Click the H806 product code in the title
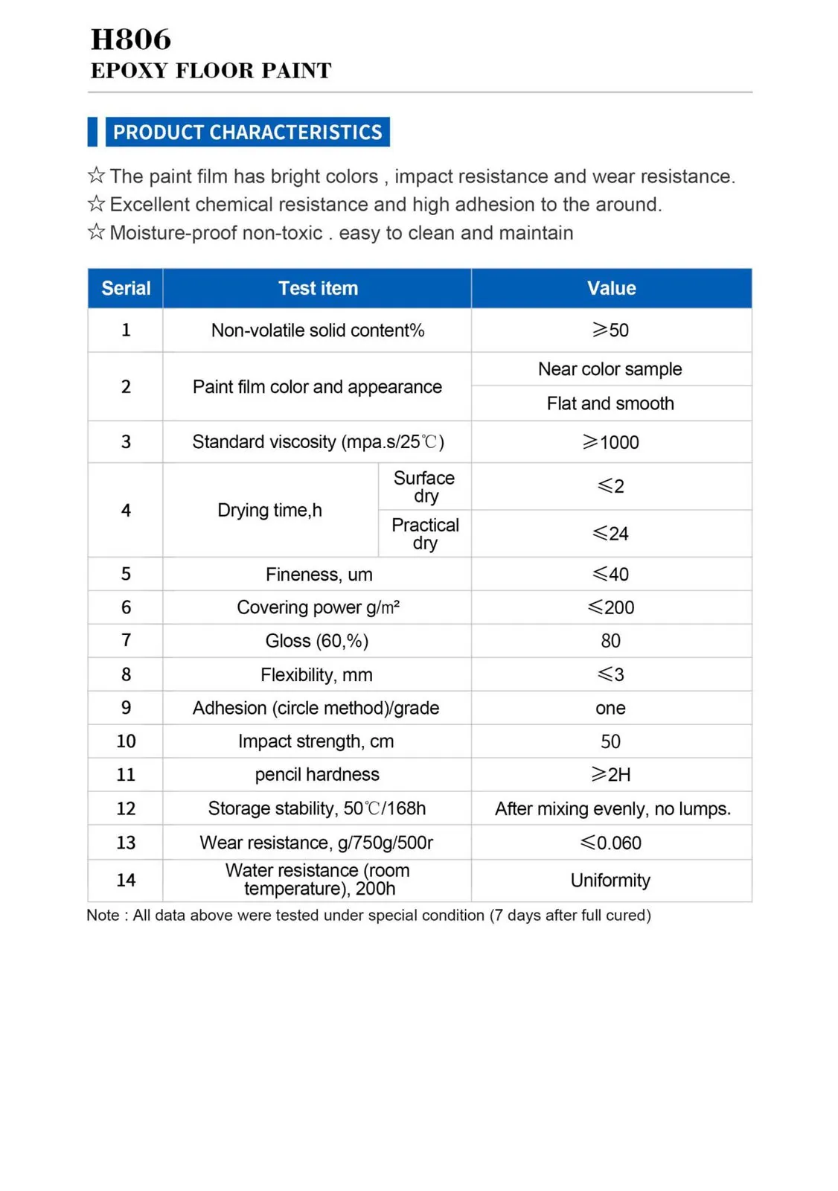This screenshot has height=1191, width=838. click(x=131, y=39)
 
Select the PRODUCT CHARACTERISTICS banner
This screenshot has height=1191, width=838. click(x=247, y=132)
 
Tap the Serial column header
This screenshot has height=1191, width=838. click(x=126, y=289)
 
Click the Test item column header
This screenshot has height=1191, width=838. click(x=318, y=289)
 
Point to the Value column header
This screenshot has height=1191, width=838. click(x=611, y=289)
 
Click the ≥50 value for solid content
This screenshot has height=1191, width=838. click(x=610, y=331)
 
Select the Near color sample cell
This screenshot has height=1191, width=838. click(x=610, y=369)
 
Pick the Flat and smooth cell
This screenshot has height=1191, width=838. click(x=610, y=403)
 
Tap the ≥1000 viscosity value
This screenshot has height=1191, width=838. click(x=610, y=442)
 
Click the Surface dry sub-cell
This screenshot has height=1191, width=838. click(x=424, y=487)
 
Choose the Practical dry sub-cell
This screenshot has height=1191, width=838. click(x=425, y=534)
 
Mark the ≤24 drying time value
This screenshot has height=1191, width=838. click(x=610, y=534)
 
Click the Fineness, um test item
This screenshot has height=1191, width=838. click(x=319, y=575)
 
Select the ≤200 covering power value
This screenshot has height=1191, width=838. click(x=610, y=607)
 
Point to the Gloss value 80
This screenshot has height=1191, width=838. click(x=610, y=641)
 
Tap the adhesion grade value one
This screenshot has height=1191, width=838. click(x=610, y=708)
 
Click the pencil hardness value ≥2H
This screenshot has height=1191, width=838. click(x=610, y=775)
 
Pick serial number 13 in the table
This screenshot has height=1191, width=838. click(x=126, y=843)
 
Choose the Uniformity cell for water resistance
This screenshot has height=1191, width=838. click(x=610, y=881)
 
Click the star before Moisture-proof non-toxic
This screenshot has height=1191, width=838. click(x=96, y=232)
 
